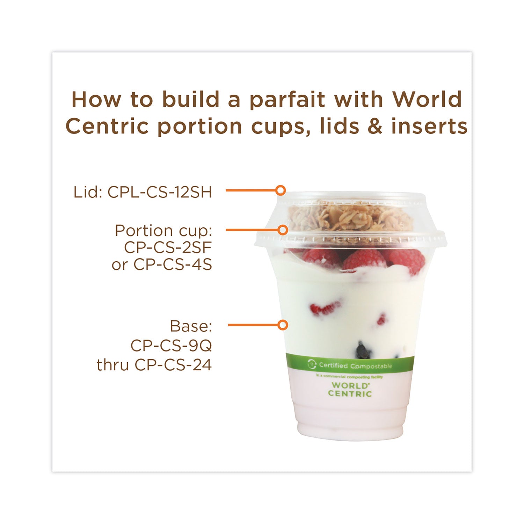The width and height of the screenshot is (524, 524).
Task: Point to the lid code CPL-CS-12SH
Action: [160, 192]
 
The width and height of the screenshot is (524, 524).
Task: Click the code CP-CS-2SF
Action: [168, 248]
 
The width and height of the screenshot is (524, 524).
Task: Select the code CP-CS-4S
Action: [173, 265]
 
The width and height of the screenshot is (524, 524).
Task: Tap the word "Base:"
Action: [191, 326]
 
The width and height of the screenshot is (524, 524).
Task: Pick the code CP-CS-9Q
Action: [171, 346]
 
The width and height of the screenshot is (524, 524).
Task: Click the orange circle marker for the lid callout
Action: [280, 190]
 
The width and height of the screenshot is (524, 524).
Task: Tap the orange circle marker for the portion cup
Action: [282, 230]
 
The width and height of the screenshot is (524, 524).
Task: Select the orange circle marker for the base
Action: [282, 325]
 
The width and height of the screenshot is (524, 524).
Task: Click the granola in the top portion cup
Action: [349, 217]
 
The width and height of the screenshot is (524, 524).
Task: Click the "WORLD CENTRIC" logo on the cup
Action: [350, 390]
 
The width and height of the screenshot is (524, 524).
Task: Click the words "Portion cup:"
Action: [163, 231]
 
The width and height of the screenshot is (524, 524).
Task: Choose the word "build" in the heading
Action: [192, 100]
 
